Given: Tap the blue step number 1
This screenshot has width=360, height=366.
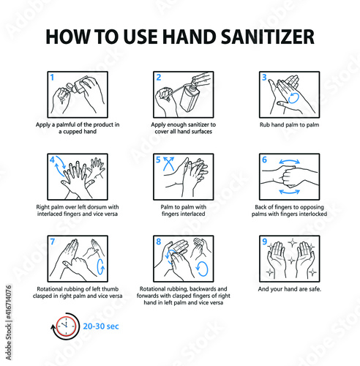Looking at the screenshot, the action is pyautogui.click(x=52, y=78).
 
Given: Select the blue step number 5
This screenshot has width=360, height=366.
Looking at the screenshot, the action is pyautogui.click(x=158, y=160).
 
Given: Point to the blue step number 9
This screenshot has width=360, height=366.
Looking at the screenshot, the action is pyautogui.click(x=265, y=242).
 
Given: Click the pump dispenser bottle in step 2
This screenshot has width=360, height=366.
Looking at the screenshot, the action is pyautogui.click(x=190, y=97).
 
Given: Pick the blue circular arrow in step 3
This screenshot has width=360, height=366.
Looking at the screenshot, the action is pyautogui.click(x=293, y=97).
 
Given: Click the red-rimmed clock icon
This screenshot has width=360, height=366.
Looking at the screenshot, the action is pyautogui.click(x=66, y=326).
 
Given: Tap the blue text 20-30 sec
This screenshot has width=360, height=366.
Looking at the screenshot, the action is pyautogui.click(x=101, y=326).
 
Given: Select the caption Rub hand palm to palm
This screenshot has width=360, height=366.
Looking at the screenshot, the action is pyautogui.click(x=289, y=124).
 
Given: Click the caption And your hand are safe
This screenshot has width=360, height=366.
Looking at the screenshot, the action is pyautogui.click(x=290, y=289).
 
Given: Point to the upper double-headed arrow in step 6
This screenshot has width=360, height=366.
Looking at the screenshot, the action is pyautogui.click(x=290, y=162).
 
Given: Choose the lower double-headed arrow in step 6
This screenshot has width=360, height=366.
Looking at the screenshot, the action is pyautogui.click(x=290, y=192).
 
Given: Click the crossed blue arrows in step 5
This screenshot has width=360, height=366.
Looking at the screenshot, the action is pyautogui.click(x=168, y=163).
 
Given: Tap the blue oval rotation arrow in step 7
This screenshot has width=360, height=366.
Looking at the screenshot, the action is pyautogui.click(x=101, y=266).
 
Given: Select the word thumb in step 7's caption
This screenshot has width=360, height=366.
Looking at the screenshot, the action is pyautogui.click(x=110, y=289).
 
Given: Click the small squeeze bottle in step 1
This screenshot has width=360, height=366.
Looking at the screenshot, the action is pyautogui.click(x=76, y=86).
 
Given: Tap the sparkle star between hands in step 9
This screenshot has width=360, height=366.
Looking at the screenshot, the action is pyautogui.click(x=291, y=261).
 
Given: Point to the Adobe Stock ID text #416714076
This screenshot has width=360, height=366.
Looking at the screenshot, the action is pyautogui.click(x=9, y=302).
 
